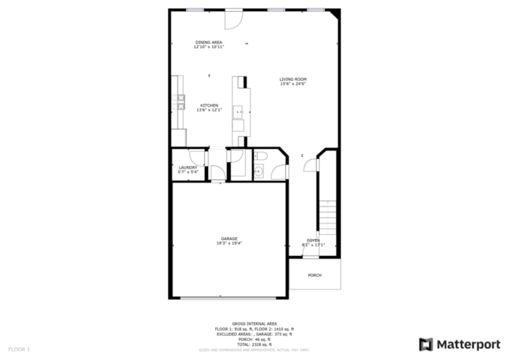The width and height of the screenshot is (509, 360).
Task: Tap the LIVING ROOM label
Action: [293, 79]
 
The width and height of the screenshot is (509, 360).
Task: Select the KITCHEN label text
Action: [209, 105]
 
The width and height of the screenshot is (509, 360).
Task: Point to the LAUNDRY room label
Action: [188, 167]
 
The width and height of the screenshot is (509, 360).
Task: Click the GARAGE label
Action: [229, 239]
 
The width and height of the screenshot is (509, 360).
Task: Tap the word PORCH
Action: [315, 275]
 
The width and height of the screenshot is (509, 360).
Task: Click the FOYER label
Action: [313, 240]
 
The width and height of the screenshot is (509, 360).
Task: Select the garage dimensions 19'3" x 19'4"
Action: [229, 244]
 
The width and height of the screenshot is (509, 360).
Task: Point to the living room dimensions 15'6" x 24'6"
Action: [293, 84]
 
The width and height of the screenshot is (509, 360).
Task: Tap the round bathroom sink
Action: [258, 172]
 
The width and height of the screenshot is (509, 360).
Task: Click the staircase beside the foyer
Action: [329, 218]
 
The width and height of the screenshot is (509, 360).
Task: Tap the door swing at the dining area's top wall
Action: [232, 19]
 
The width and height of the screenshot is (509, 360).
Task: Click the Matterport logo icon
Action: [426, 343]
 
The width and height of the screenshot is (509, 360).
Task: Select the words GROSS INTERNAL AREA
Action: [254, 323]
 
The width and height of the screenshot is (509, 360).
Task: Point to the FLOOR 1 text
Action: [20, 350]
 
